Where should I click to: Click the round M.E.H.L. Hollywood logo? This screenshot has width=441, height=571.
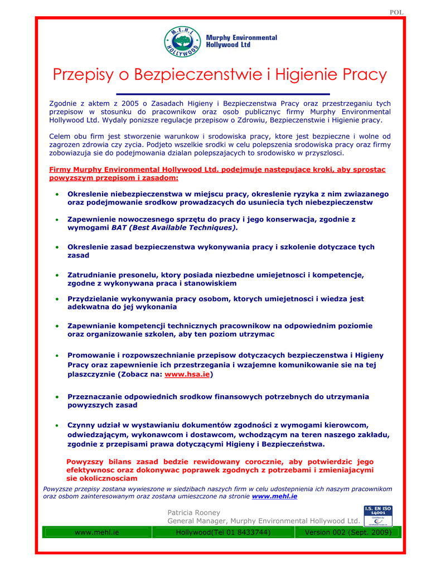183,41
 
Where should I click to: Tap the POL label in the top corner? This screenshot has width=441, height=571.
396,12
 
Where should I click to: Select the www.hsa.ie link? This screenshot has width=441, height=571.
187,375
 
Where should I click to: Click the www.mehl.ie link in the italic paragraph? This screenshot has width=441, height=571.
274,496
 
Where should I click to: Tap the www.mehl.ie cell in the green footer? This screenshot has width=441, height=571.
97,533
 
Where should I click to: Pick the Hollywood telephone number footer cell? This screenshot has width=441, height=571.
223,533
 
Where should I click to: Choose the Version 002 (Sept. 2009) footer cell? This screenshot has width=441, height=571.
348,533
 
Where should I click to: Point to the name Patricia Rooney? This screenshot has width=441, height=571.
193,512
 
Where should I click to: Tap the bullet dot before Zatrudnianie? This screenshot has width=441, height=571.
57,275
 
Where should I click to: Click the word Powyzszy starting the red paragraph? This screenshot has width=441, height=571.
85,462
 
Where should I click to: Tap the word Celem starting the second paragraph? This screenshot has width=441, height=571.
60,136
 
